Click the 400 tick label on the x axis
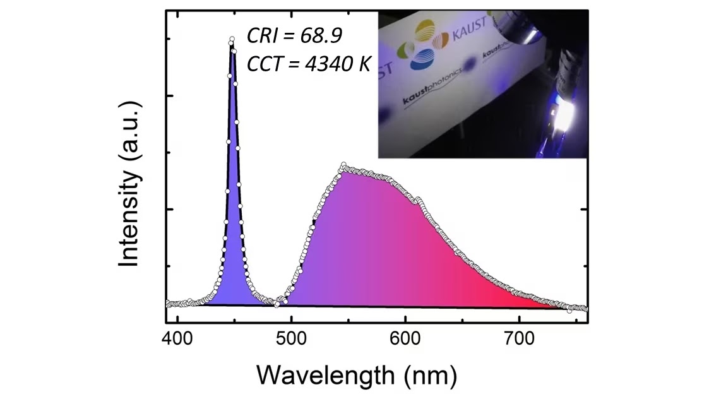pos(177,338)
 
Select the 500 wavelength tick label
pos(292,338)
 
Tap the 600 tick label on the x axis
pos(405,338)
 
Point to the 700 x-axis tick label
pos(520,338)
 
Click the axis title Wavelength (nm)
pos(357,376)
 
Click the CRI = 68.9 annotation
pos(294,36)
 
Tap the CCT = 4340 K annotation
pos(309,63)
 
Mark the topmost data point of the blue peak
pos(232,39)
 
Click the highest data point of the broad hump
pos(343,165)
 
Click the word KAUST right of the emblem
pos(469,29)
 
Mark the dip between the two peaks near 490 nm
pos(277,304)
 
